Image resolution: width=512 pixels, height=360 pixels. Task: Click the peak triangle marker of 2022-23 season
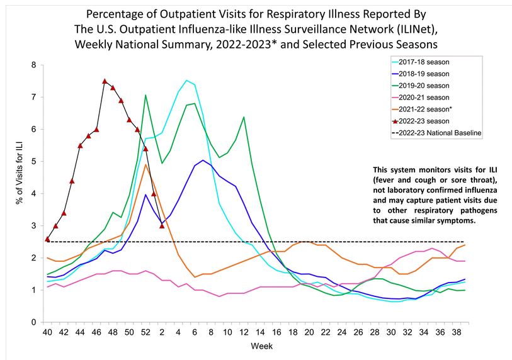pos(105,81)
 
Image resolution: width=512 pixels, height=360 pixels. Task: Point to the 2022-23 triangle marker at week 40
pos(47,239)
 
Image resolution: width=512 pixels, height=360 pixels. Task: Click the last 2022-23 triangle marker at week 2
pos(162,226)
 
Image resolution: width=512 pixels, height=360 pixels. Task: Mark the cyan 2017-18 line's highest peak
pos(186,81)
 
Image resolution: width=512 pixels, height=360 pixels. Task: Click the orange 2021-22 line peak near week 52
pos(145,164)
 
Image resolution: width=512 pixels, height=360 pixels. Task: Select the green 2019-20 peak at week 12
pos(244,117)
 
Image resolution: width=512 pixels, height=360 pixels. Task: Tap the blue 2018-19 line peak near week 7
pos(203,160)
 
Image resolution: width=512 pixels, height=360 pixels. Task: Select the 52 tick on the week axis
pos(145,332)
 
